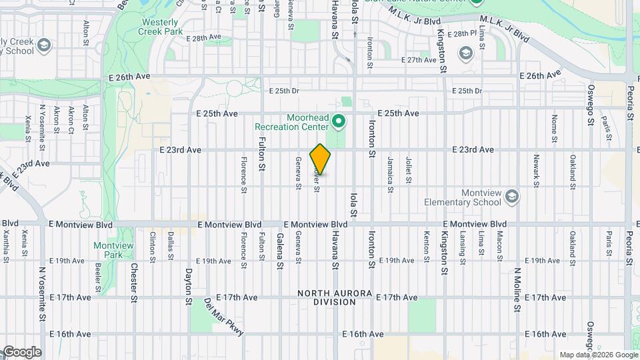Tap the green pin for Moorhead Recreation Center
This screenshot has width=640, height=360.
[x=339, y=121]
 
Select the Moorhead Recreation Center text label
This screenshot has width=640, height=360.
[x=292, y=121]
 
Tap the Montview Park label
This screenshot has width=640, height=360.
[x=113, y=250]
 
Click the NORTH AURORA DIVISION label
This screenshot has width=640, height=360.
[x=327, y=297]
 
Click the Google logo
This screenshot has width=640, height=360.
[x=21, y=352]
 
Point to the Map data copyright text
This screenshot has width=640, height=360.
[x=598, y=355]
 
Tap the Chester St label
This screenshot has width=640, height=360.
[x=134, y=282]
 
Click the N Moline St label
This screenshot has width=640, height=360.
[x=517, y=291]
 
